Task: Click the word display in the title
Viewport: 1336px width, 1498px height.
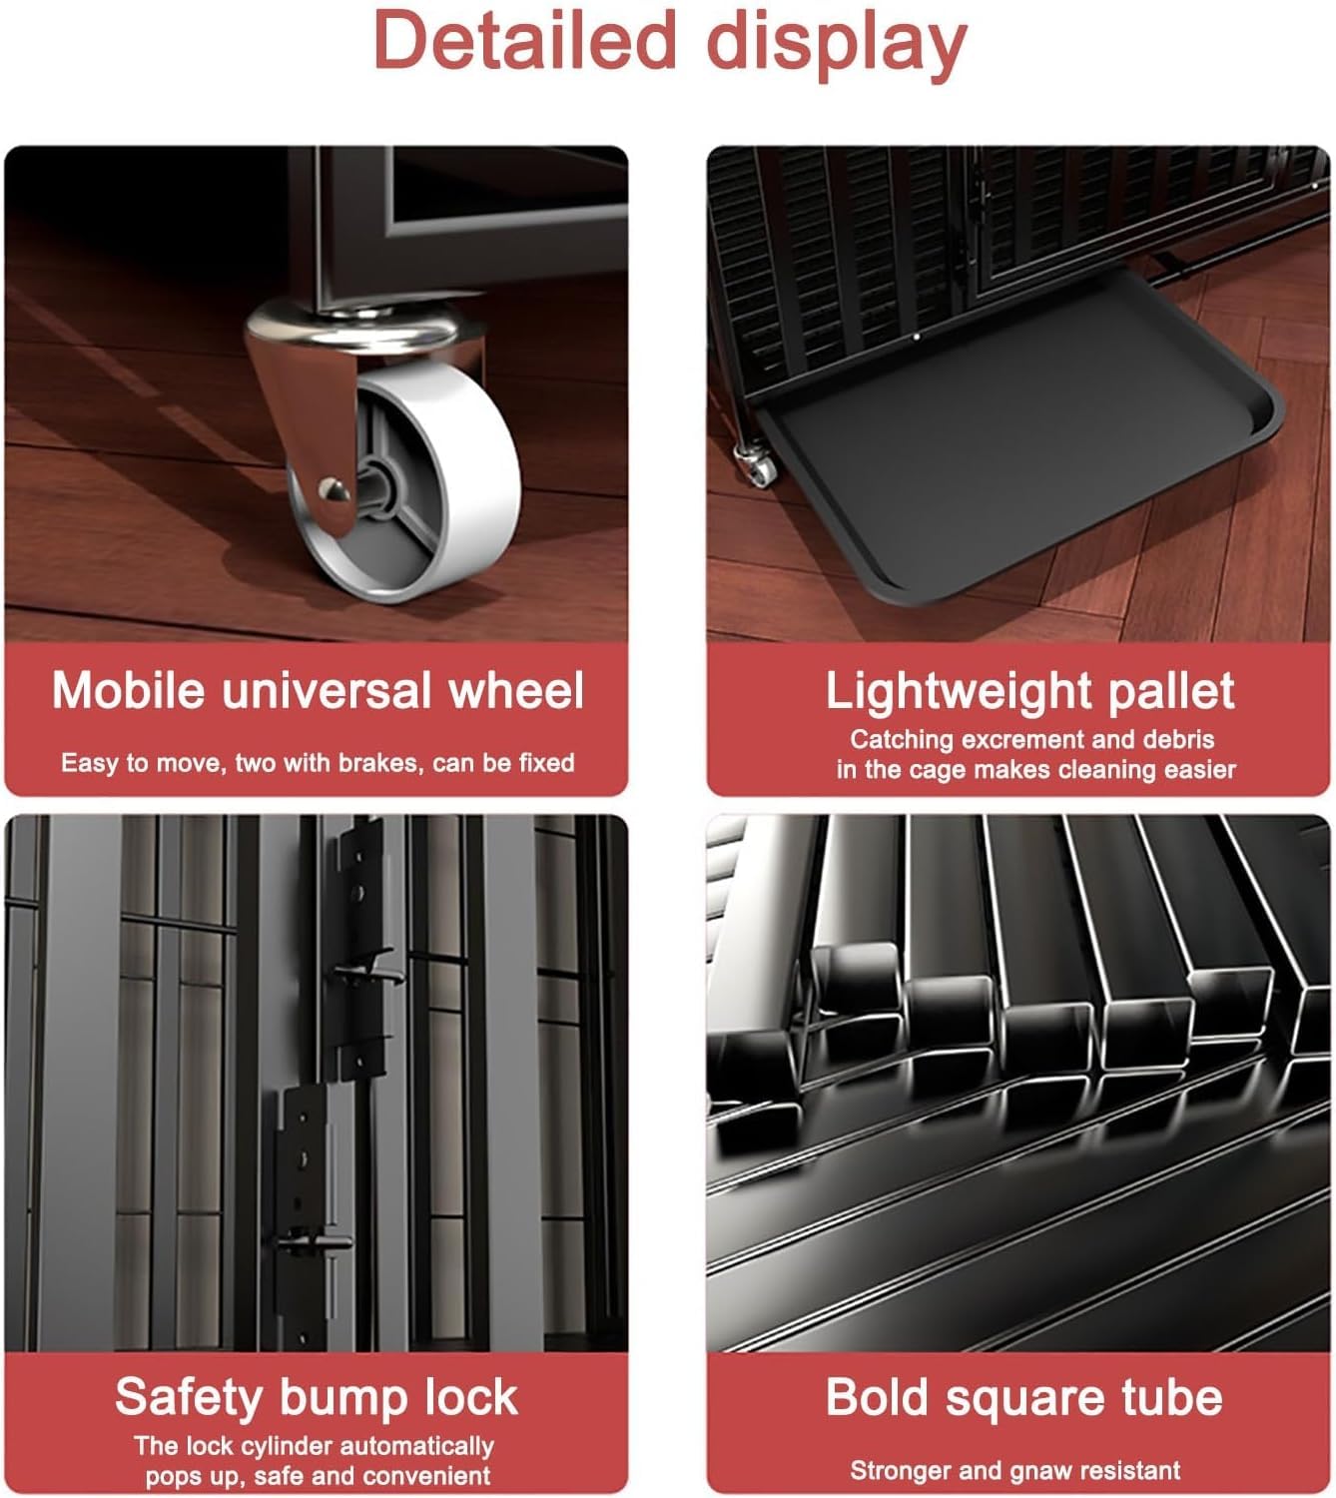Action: click(x=837, y=46)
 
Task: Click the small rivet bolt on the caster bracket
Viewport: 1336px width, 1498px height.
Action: click(x=332, y=488)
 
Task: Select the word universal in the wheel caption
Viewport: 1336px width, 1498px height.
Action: click(x=327, y=691)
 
